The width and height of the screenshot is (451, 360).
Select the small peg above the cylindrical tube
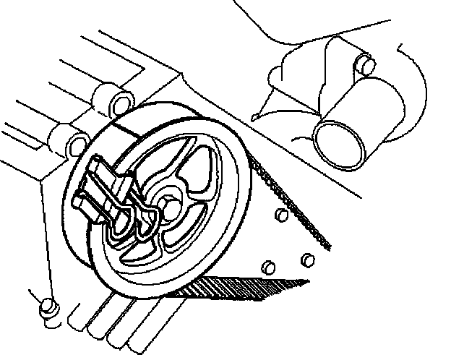(x=364, y=66)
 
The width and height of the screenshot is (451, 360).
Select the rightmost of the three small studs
(x=307, y=259)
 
